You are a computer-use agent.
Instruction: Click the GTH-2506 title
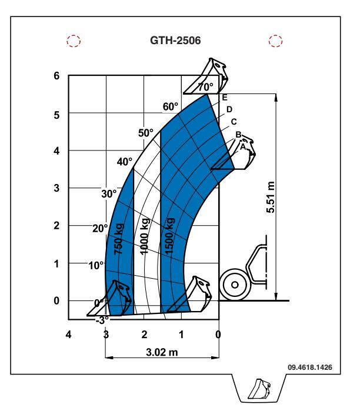point(175,41)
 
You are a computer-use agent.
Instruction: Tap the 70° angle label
point(205,87)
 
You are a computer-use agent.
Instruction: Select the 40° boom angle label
point(124,162)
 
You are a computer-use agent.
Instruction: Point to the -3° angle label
point(102,320)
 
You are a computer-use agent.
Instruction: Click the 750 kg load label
point(119,239)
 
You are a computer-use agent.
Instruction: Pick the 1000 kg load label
point(144,236)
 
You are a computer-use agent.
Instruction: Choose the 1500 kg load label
point(169,236)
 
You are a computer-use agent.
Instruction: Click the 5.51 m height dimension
point(270,198)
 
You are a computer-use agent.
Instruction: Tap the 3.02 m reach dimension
point(162,352)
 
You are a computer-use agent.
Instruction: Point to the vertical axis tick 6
point(56,76)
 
